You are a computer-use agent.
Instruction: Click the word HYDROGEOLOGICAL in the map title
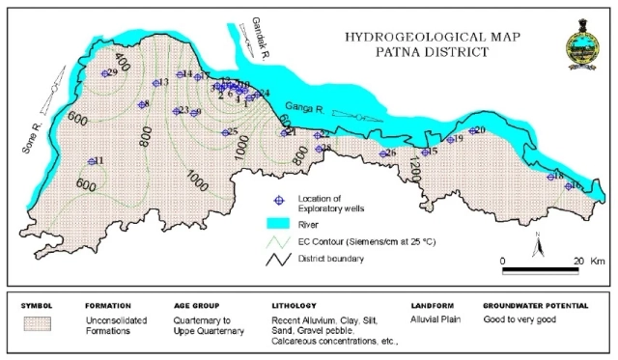(x=394, y=39)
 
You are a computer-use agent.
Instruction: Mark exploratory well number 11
(x=93, y=161)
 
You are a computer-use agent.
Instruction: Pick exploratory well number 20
(x=474, y=131)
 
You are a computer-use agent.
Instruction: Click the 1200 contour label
(x=417, y=164)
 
